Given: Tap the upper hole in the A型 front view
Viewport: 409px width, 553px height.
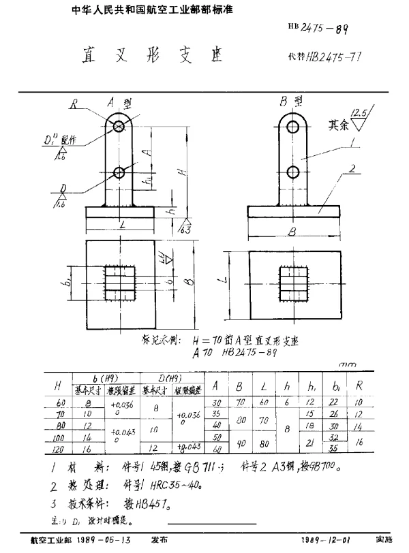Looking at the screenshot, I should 119,126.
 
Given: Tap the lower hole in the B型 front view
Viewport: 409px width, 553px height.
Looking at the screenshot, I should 293,171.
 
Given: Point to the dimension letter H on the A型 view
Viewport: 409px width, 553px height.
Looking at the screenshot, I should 179,173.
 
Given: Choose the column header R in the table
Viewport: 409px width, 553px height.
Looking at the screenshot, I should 359,385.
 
